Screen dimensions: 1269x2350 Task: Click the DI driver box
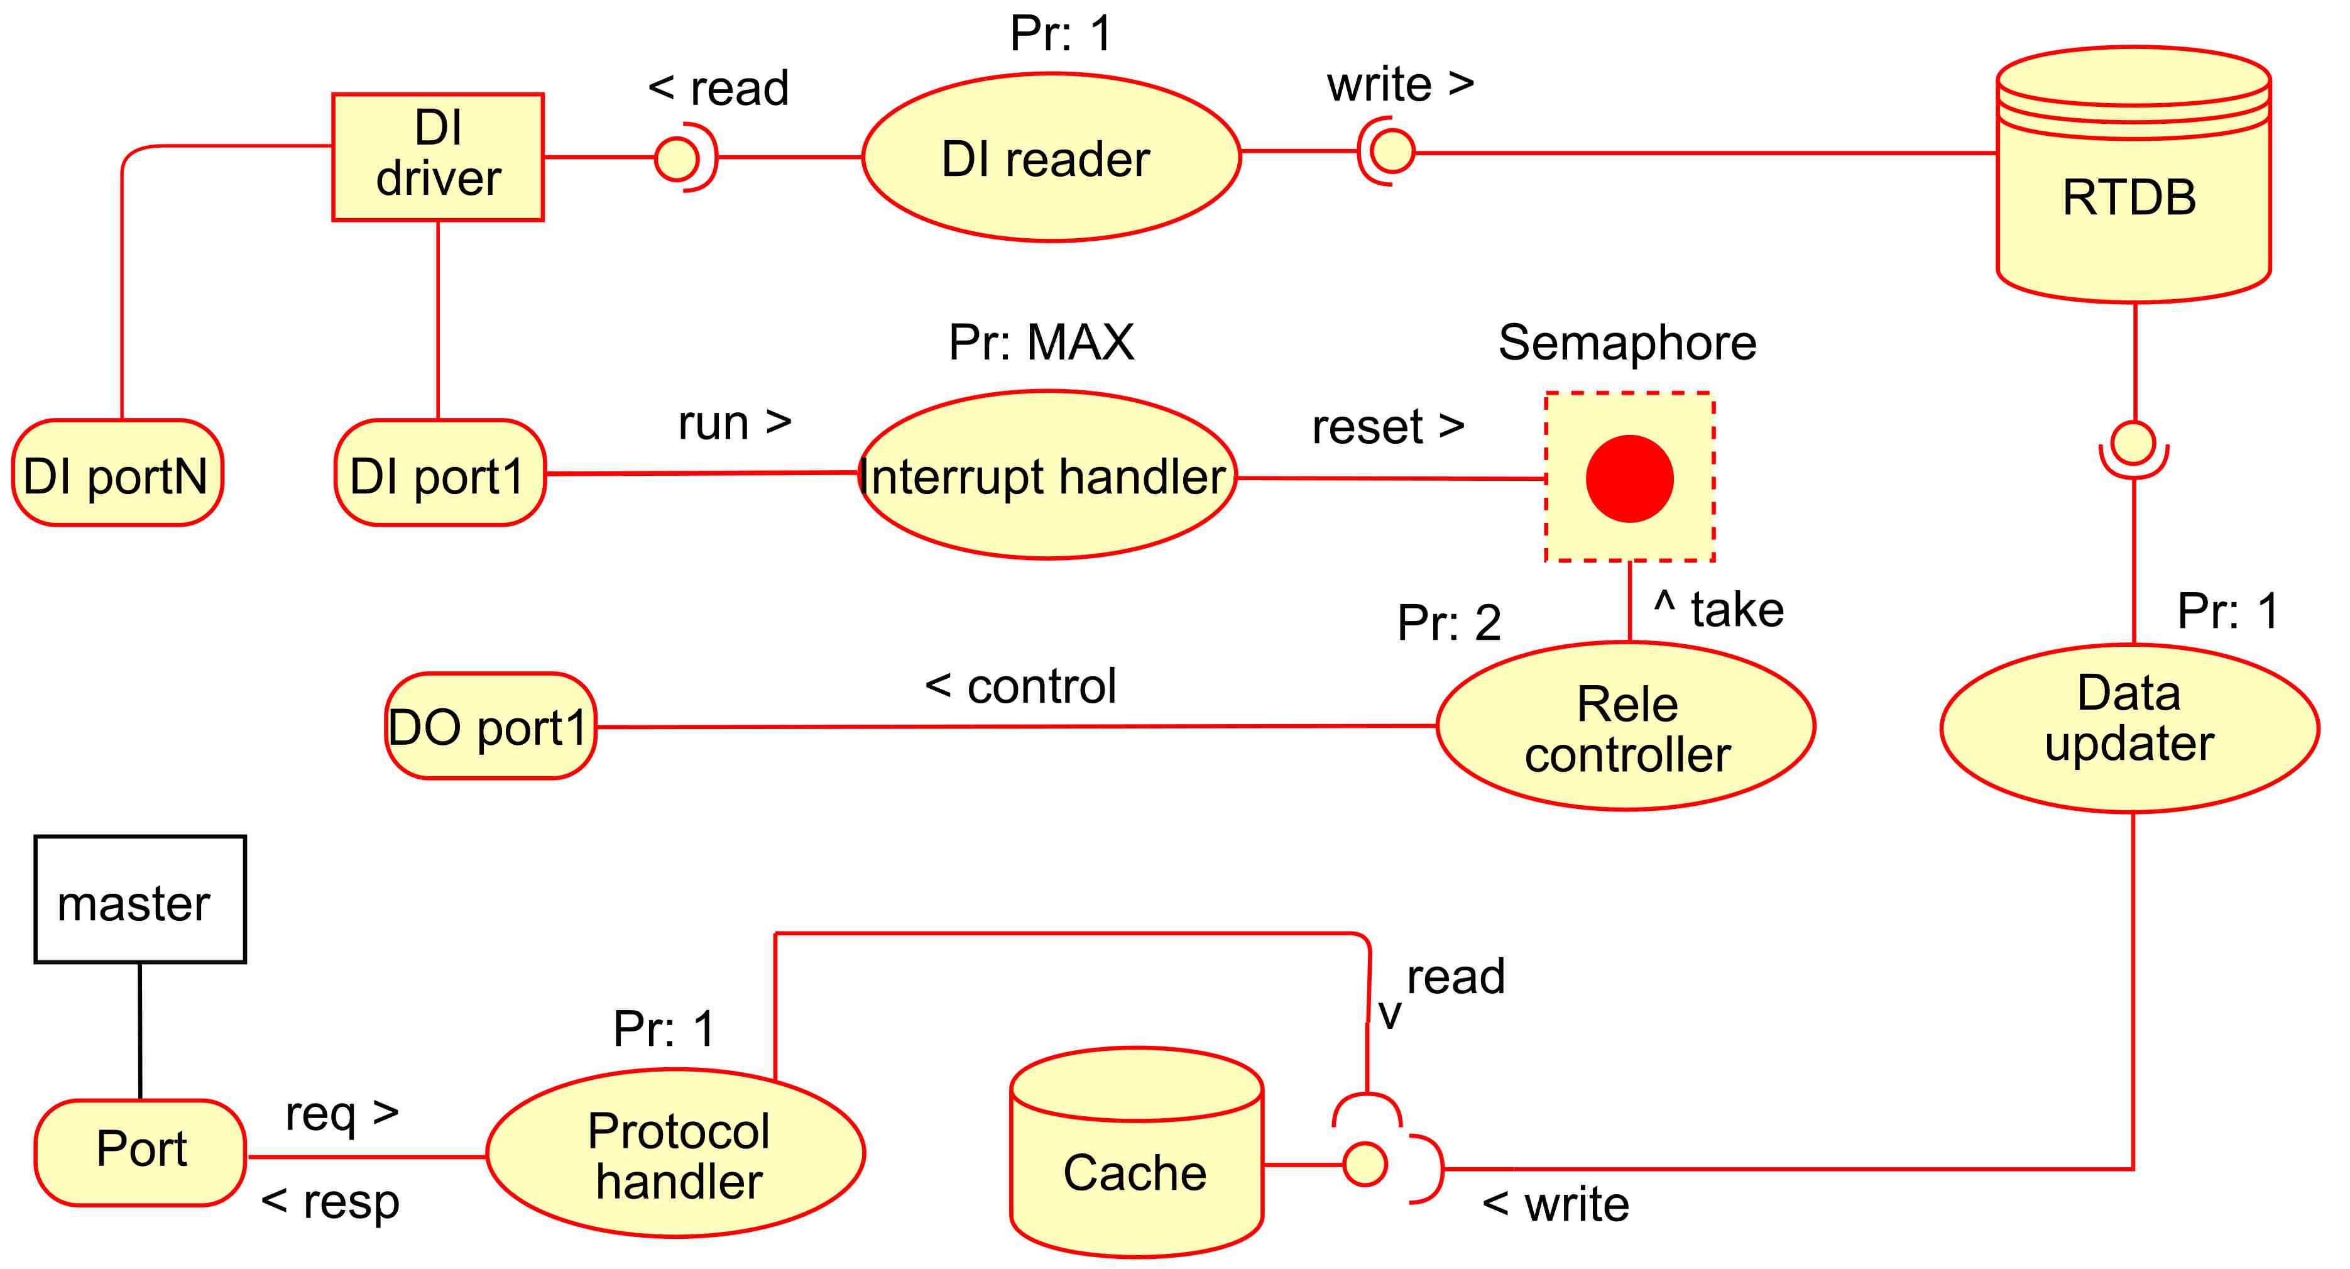tap(438, 157)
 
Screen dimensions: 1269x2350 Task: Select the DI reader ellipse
tap(1051, 158)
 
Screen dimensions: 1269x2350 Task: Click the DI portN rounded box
tap(117, 473)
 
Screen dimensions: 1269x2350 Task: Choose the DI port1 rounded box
tap(440, 473)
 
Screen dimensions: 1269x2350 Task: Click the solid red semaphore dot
tap(1629, 479)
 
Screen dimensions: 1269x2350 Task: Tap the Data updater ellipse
tap(2129, 728)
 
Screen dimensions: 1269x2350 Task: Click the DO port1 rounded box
tap(491, 727)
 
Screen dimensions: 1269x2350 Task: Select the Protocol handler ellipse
tap(676, 1154)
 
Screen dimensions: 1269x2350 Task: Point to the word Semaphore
tap(1627, 343)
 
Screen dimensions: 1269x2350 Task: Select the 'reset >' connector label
tap(1387, 426)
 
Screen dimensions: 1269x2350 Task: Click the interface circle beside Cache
tap(1365, 1165)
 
